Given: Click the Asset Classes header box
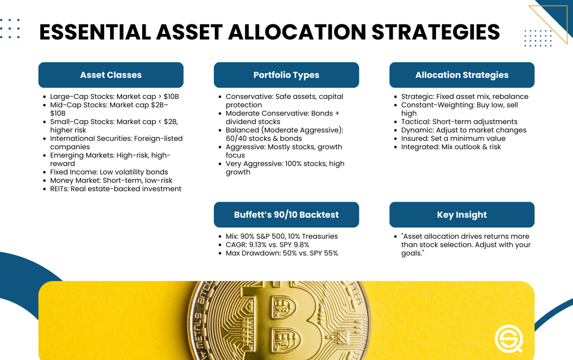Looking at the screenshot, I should pos(111,75).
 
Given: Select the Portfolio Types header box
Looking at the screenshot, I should pos(286,75).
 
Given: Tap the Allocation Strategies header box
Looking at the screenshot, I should pos(462,75).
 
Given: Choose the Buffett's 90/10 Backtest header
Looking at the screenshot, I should pos(286,215).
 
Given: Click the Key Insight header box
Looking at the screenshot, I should pos(462,215).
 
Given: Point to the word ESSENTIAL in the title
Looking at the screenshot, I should pos(95,32).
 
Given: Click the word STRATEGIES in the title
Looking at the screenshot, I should pos(435,32).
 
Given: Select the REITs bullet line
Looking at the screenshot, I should pos(116,189).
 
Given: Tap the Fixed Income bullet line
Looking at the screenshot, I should pos(109,172).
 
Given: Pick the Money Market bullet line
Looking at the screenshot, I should pos(111,181).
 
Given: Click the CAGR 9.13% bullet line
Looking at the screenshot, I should pos(267,245).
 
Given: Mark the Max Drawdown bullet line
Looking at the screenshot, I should pos(282,253).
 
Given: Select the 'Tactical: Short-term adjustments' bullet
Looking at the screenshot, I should pos(459,122).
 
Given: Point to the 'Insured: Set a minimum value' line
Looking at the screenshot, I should pos(453,138).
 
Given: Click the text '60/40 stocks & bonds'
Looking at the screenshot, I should pos(263,138).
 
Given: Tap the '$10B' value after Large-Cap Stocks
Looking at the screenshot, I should pos(171,97).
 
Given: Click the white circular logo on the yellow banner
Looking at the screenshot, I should pos(508,339).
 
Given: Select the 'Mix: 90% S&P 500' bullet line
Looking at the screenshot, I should pos(282,237).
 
